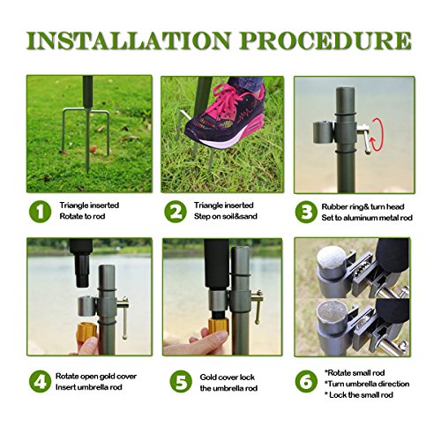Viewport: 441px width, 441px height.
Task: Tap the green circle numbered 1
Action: pyautogui.click(x=41, y=212)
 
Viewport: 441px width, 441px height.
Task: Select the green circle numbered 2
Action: pyautogui.click(x=176, y=212)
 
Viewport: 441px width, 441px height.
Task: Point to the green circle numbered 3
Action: pyautogui.click(x=306, y=212)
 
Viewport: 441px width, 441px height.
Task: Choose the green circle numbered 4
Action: pyautogui.click(x=41, y=381)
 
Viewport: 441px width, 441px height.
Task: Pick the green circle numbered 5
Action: pyautogui.click(x=181, y=381)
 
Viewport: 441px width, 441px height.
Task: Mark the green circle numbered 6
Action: pyautogui.click(x=306, y=381)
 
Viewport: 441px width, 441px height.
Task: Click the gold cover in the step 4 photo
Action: pyautogui.click(x=86, y=333)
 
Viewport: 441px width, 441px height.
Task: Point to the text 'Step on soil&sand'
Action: pyautogui.click(x=226, y=216)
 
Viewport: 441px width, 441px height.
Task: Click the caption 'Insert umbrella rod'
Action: pyautogui.click(x=89, y=387)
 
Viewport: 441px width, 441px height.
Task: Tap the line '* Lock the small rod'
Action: pyautogui.click(x=359, y=395)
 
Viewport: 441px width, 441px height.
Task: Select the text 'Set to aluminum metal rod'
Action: pyautogui.click(x=367, y=218)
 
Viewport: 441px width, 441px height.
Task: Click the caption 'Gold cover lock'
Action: pyautogui.click(x=228, y=377)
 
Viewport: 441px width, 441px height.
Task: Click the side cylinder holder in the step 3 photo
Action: pyautogui.click(x=323, y=132)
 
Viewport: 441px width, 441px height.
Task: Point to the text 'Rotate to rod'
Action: pyautogui.click(x=82, y=216)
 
